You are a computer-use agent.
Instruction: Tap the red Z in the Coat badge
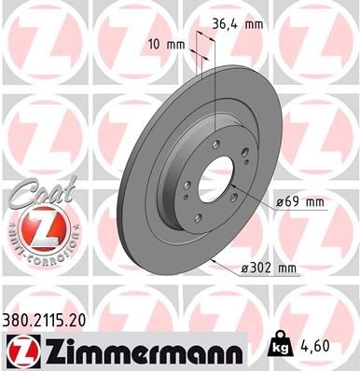[x=37, y=226]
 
